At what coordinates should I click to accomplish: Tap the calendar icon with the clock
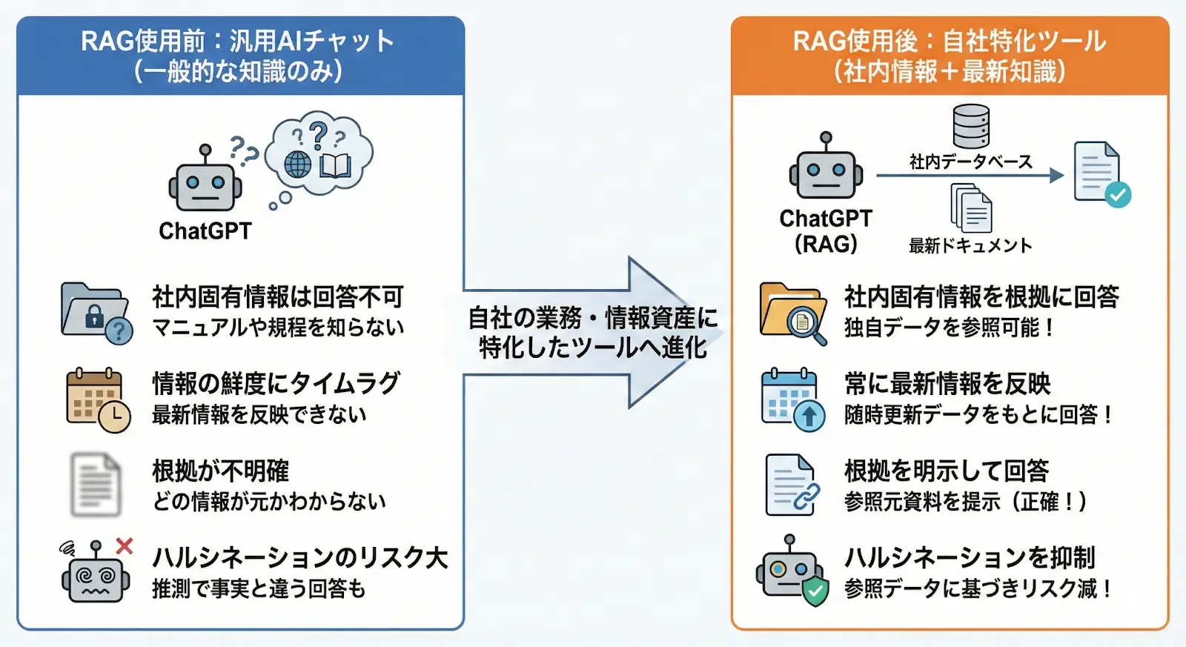tap(97, 399)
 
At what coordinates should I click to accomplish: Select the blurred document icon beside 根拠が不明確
tap(96, 485)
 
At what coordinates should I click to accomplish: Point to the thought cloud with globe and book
tap(319, 156)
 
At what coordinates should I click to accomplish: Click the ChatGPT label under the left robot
tap(205, 231)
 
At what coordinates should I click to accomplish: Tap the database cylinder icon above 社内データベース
tap(971, 126)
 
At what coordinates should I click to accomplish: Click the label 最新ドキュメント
tap(970, 246)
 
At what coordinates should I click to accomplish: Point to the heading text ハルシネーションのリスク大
tap(300, 557)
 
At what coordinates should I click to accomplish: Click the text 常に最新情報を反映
tap(947, 384)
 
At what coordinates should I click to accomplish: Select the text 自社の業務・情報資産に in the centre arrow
tap(593, 318)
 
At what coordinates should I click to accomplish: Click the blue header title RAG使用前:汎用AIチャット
tap(238, 41)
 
